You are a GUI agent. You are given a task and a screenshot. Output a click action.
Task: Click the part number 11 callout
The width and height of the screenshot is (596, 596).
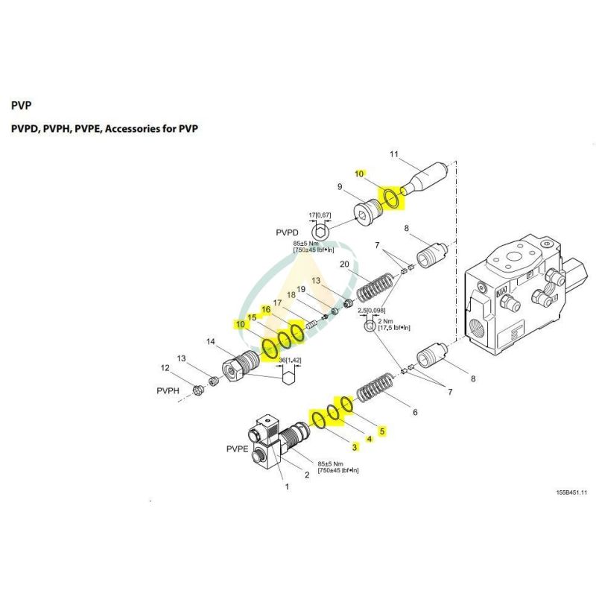pyautogui.click(x=396, y=154)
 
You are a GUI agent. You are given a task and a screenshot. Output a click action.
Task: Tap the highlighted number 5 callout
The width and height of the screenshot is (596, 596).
pyautogui.click(x=382, y=431)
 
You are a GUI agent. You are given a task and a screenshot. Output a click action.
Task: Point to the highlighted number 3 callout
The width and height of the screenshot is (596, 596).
pyautogui.click(x=355, y=446)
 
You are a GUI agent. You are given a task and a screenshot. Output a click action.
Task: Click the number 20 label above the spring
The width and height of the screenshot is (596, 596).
pyautogui.click(x=344, y=264)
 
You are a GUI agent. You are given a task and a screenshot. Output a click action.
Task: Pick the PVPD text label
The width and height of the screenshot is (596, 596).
pyautogui.click(x=286, y=232)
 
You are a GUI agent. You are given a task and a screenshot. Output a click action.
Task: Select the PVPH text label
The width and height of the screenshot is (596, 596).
pyautogui.click(x=169, y=390)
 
